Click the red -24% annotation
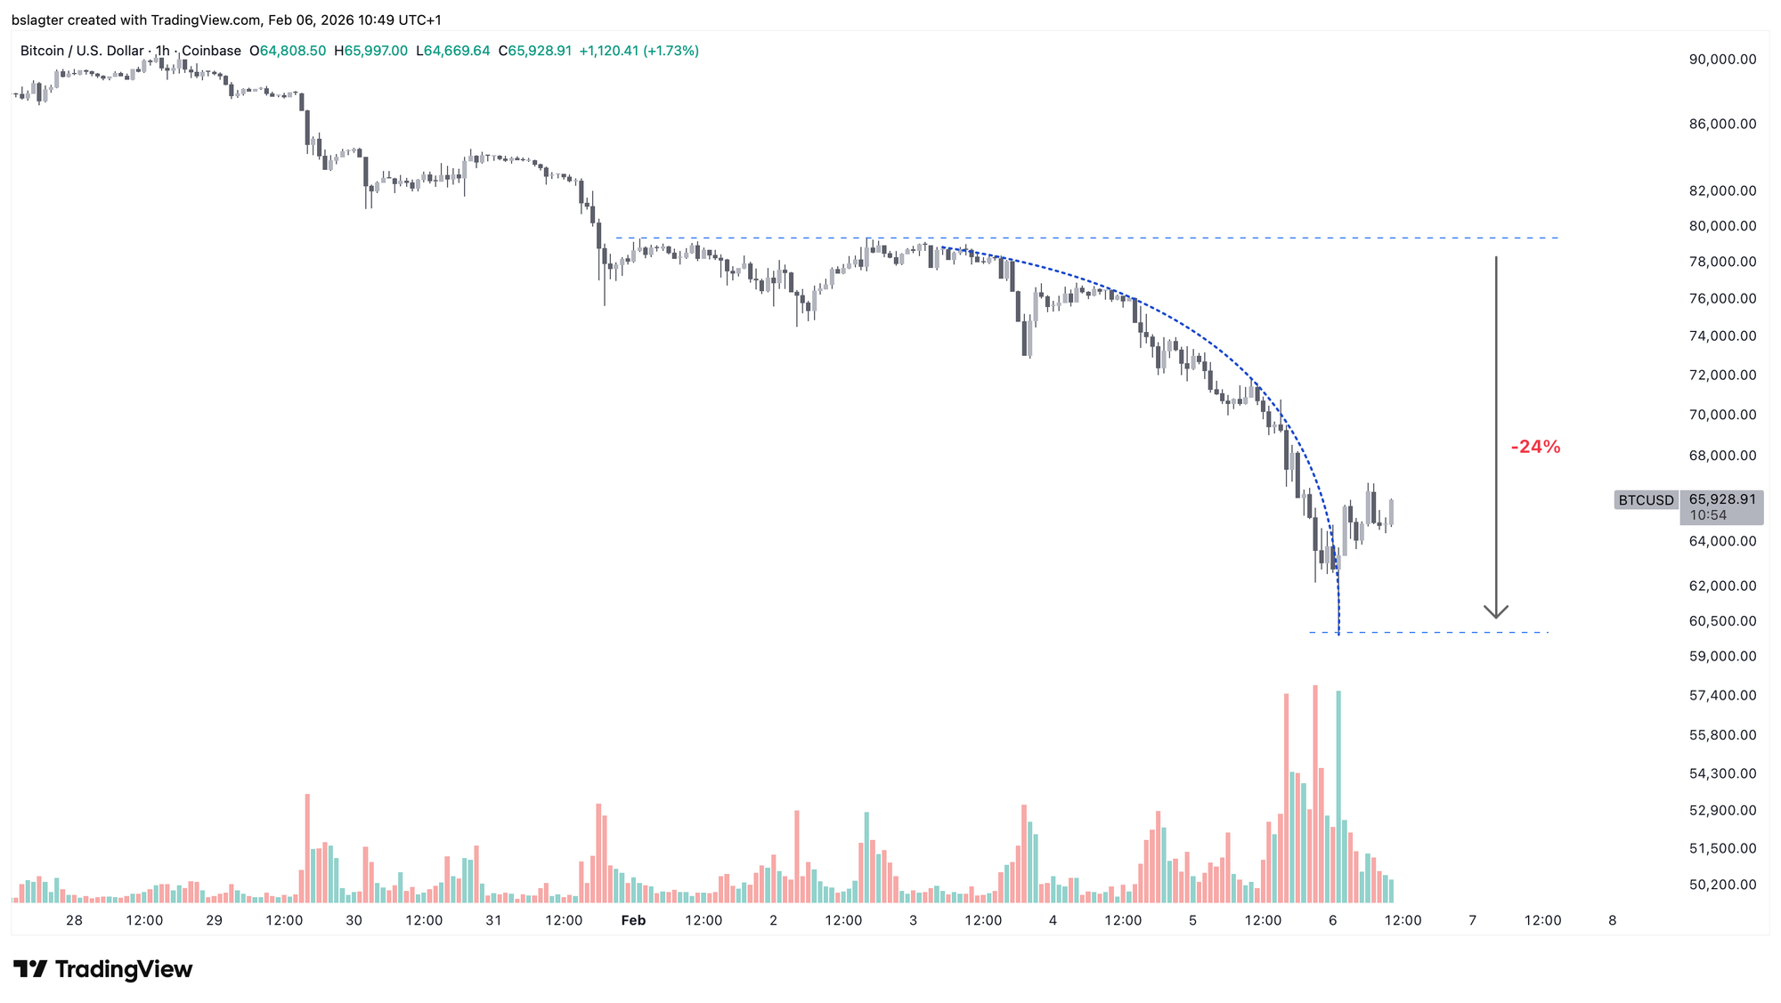(x=1535, y=447)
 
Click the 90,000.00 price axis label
(x=1722, y=60)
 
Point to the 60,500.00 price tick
(x=1722, y=621)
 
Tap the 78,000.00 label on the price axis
(x=1722, y=262)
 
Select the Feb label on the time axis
(x=633, y=920)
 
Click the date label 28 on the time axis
(x=74, y=920)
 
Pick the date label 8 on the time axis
(x=1612, y=920)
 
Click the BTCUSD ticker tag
(x=1646, y=500)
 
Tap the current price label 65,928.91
(x=1722, y=499)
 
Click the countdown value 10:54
(x=1708, y=515)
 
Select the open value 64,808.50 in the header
(x=292, y=51)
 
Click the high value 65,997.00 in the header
(x=376, y=51)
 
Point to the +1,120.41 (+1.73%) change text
(x=638, y=51)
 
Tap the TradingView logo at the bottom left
(x=103, y=969)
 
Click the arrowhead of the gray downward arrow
(x=1496, y=612)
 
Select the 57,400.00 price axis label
(x=1722, y=695)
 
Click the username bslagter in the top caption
(x=37, y=20)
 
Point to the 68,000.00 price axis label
(x=1722, y=456)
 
